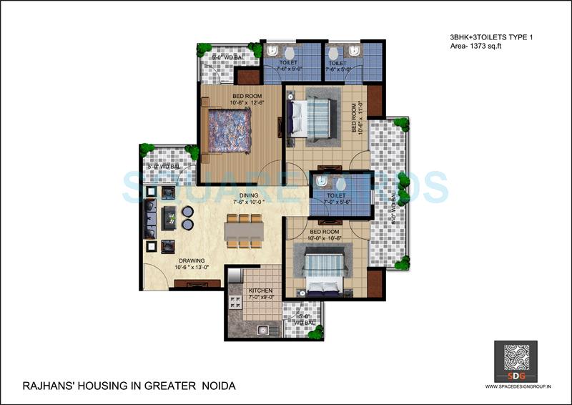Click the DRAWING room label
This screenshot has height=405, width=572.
tap(192, 260)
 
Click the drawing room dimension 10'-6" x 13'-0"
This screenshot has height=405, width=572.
tap(192, 268)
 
